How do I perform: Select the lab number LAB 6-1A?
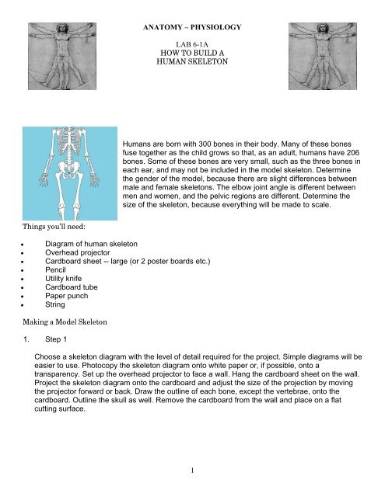point(192,47)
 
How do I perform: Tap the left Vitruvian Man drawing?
point(57,51)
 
